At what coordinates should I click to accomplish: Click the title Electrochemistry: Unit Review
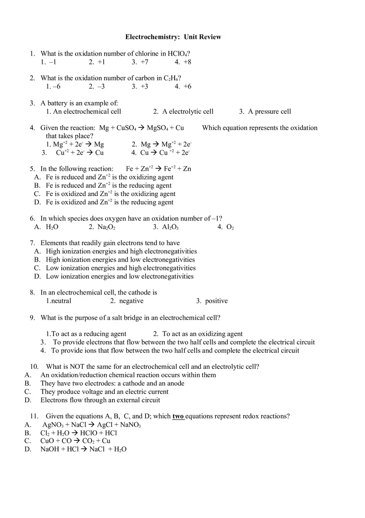pyautogui.click(x=173, y=37)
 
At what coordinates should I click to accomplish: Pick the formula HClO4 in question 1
pyautogui.click(x=178, y=54)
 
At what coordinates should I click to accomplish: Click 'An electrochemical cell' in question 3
pyautogui.click(x=87, y=111)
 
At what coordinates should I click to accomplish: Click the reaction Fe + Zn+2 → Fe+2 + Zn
pyautogui.click(x=158, y=169)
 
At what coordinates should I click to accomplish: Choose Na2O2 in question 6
pyautogui.click(x=106, y=227)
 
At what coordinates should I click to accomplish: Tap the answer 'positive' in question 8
pyautogui.click(x=216, y=301)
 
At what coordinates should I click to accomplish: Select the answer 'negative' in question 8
pyautogui.click(x=131, y=301)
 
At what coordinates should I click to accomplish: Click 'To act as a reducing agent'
pyautogui.click(x=89, y=334)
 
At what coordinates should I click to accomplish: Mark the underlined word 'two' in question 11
pyautogui.click(x=178, y=416)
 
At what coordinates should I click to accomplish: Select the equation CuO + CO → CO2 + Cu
pyautogui.click(x=75, y=441)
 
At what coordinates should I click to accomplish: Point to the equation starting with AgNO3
pyautogui.click(x=92, y=425)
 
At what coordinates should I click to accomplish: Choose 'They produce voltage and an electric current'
pyautogui.click(x=105, y=391)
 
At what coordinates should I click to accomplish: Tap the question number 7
pyautogui.click(x=32, y=243)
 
